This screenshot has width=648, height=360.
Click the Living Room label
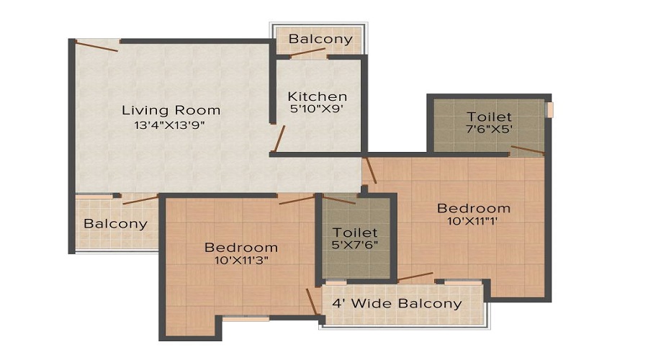[x=171, y=110]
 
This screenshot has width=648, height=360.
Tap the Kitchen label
[x=317, y=96]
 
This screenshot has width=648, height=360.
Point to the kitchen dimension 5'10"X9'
[x=317, y=109]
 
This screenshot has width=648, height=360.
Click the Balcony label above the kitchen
[x=320, y=39]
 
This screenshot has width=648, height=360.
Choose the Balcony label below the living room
[x=115, y=223]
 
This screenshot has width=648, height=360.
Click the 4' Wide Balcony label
[x=397, y=303]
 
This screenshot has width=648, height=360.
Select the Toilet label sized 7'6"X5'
[x=489, y=117]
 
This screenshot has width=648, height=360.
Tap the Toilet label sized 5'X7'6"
[x=355, y=233]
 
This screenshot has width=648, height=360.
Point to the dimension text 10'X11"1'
[x=474, y=221]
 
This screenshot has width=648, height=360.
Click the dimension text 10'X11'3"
[x=241, y=261]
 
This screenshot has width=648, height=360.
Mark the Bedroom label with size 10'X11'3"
[x=241, y=248]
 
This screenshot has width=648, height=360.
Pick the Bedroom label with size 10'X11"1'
[x=474, y=208]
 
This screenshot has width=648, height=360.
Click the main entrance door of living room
[x=97, y=45]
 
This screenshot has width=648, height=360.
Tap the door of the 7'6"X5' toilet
[x=526, y=150]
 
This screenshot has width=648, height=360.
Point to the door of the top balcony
[x=309, y=53]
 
